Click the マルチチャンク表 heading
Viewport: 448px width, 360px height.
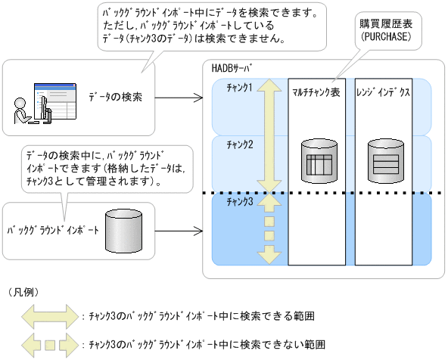tap(316, 89)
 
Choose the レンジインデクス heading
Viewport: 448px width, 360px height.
tap(383, 89)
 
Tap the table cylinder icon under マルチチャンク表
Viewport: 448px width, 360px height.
tap(317, 160)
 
